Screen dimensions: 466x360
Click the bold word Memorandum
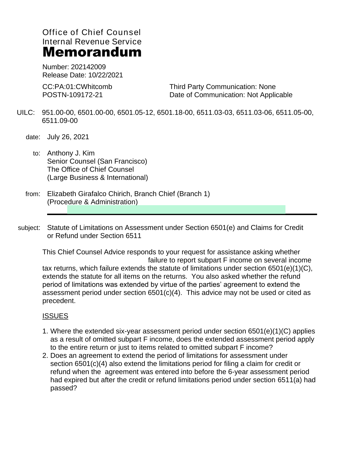(92, 53)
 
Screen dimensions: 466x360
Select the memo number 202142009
(88, 67)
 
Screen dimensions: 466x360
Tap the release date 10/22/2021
(106, 75)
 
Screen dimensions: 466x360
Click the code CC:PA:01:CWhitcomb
(77, 87)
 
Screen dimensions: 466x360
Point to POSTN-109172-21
(72, 95)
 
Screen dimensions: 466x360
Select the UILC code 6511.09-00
(60, 121)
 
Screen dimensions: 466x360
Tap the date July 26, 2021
(68, 137)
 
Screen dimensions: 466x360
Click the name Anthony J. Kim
(71, 153)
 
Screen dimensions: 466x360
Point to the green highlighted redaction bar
(176, 210)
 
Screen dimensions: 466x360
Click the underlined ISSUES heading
(55, 316)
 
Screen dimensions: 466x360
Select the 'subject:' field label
(29, 228)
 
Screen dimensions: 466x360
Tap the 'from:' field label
(33, 194)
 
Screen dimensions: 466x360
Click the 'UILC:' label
(26, 113)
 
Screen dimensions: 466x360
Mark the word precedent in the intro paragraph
(59, 301)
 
